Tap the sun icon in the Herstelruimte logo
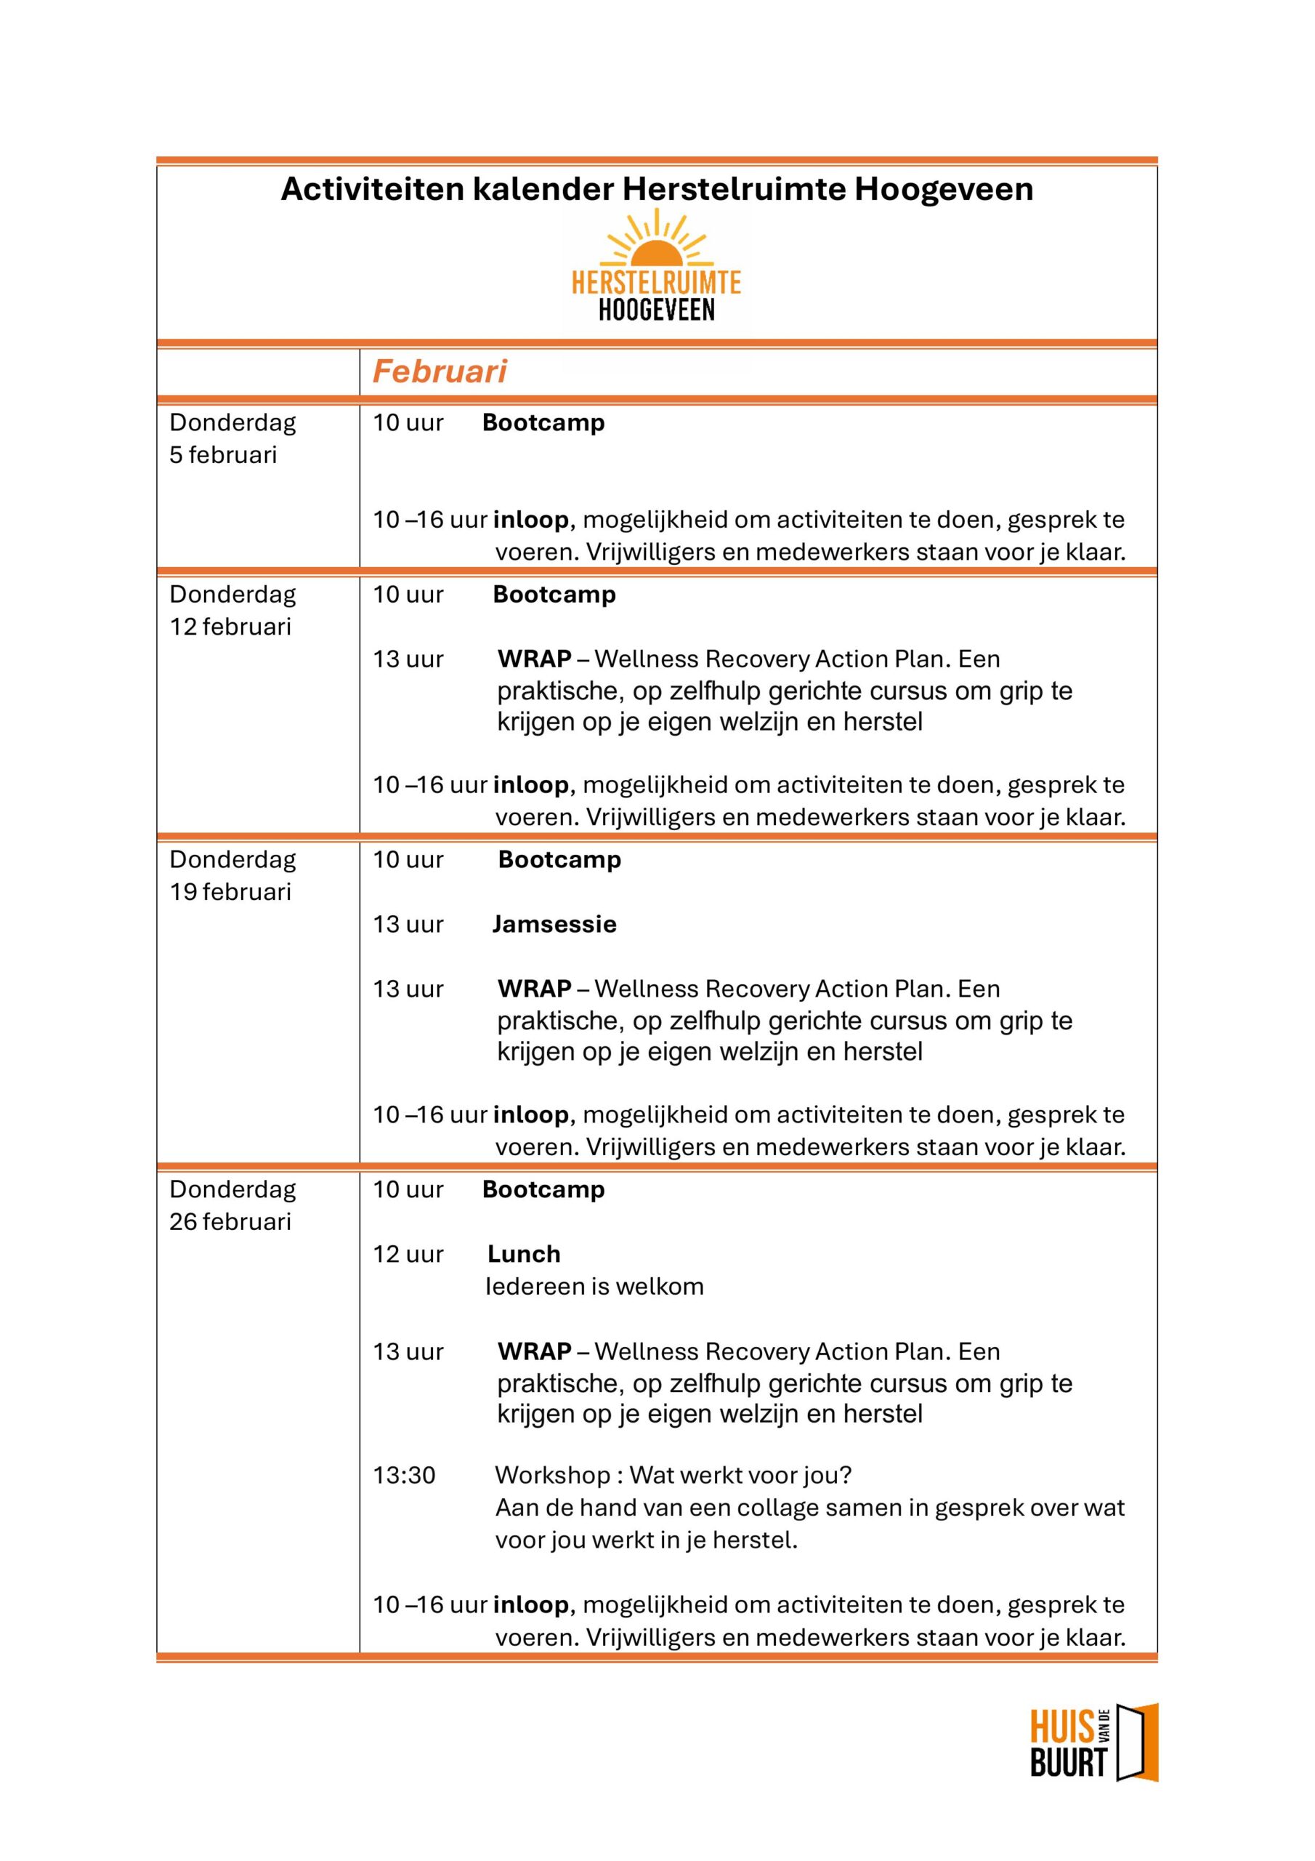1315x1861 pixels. pyautogui.click(x=656, y=240)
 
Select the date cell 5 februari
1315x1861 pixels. pyautogui.click(x=223, y=455)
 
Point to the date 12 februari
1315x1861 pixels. pyautogui.click(x=230, y=627)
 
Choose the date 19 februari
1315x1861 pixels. pyautogui.click(x=230, y=891)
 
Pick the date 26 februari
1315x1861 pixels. pyautogui.click(x=230, y=1221)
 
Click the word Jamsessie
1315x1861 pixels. pyautogui.click(x=554, y=924)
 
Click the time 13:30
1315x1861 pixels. pyautogui.click(x=403, y=1474)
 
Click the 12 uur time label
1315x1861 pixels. pyautogui.click(x=408, y=1254)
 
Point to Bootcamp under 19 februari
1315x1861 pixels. pyautogui.click(x=559, y=859)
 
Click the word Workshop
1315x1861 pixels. pyautogui.click(x=553, y=1474)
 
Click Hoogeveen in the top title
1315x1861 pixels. pyautogui.click(x=944, y=189)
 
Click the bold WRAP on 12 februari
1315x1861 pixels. pyautogui.click(x=534, y=659)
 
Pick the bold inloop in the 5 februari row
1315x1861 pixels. pyautogui.click(x=530, y=520)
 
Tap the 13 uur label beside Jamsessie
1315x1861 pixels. pyautogui.click(x=408, y=924)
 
